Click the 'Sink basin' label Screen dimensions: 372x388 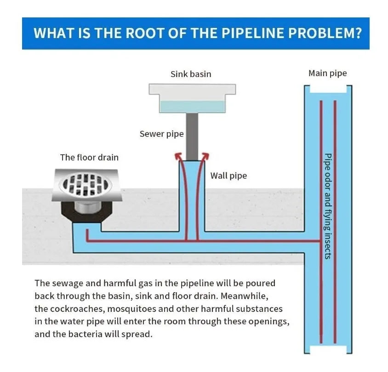(x=191, y=74)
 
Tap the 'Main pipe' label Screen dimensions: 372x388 (x=327, y=73)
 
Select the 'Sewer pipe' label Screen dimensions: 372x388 (x=161, y=134)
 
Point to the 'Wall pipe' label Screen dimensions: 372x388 (x=228, y=176)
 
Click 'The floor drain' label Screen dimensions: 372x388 (x=89, y=157)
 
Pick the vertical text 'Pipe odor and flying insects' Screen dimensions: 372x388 (x=328, y=206)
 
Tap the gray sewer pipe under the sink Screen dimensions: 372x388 (x=192, y=136)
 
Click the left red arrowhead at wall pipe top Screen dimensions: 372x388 (x=177, y=156)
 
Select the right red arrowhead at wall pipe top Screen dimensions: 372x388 (x=206, y=156)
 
